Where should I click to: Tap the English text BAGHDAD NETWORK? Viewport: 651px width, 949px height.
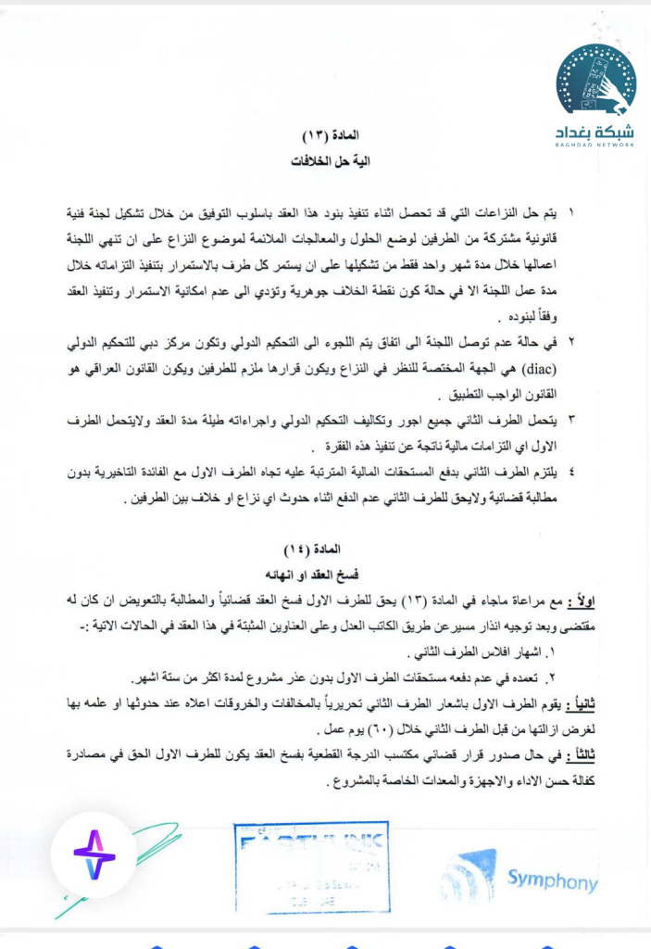point(595,145)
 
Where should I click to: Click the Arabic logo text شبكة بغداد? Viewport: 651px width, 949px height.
point(595,130)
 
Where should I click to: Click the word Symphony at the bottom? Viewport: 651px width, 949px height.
point(553,879)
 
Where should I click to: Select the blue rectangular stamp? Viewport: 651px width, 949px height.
point(311,867)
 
